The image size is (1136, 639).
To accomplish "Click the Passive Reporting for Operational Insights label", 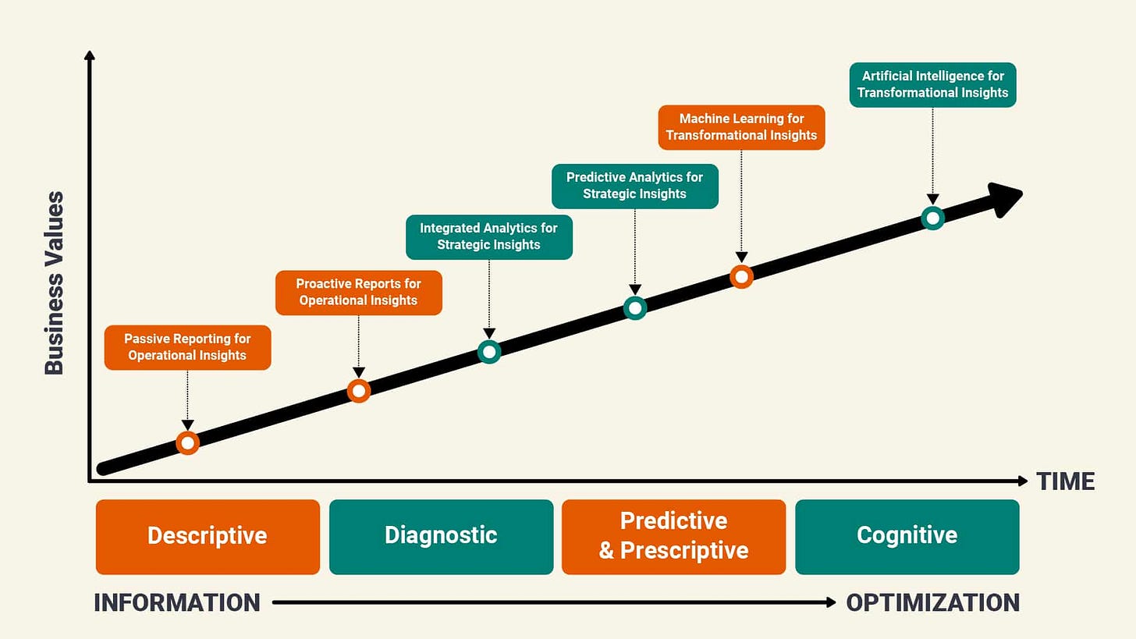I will click(x=187, y=347).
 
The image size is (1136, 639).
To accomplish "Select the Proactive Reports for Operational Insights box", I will click(x=358, y=293).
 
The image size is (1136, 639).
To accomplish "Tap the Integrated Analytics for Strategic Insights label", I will click(x=488, y=236).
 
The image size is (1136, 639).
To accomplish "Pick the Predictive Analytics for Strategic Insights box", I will click(x=634, y=186).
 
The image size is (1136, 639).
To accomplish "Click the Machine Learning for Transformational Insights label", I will click(x=741, y=127).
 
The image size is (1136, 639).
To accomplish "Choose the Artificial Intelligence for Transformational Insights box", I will click(x=932, y=84).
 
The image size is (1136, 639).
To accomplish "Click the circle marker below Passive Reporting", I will click(x=187, y=443).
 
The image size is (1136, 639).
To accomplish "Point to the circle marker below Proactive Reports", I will click(x=358, y=391).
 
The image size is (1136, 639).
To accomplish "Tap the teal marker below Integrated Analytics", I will click(x=488, y=352).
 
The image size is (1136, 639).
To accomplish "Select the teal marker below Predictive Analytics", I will click(x=635, y=308).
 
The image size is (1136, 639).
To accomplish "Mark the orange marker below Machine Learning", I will click(x=741, y=276).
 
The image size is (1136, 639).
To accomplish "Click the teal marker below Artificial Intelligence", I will click(x=932, y=218).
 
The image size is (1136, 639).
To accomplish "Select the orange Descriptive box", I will click(x=208, y=537).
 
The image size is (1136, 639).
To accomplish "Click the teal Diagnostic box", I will click(x=441, y=537).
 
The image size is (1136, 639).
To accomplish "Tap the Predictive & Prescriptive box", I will click(x=673, y=537).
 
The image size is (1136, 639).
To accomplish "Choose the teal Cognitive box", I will click(x=907, y=537).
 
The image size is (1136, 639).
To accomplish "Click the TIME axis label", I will click(x=1065, y=481).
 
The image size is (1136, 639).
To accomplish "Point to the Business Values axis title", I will click(x=54, y=283).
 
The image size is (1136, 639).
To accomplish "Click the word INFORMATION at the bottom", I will click(x=177, y=603).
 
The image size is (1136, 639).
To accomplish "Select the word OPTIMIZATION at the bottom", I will click(x=932, y=603).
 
